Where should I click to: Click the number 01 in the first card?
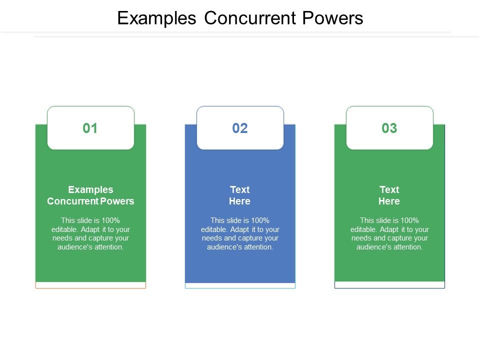tap(90, 128)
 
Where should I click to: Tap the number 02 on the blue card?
tap(240, 128)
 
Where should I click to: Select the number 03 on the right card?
tap(389, 128)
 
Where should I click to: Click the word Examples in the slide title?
tap(156, 18)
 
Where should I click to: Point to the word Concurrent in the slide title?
tap(250, 18)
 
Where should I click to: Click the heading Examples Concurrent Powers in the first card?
tap(90, 195)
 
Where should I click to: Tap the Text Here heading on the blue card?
tap(240, 195)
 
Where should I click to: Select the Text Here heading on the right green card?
tap(389, 195)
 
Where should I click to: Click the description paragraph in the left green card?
tap(90, 233)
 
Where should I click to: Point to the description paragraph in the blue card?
tap(240, 233)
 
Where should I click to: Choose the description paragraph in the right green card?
tap(389, 233)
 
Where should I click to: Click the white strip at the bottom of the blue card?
tap(240, 285)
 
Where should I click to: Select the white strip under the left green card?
tap(90, 285)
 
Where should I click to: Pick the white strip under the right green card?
tap(389, 284)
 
